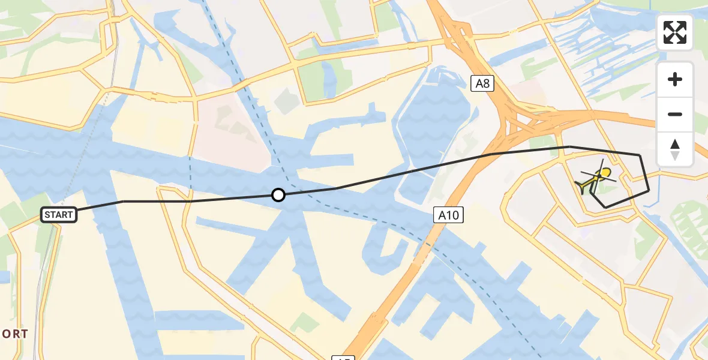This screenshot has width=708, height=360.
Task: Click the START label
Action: click(59, 215)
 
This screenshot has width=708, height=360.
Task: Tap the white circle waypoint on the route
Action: click(278, 195)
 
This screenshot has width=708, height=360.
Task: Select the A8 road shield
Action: click(482, 83)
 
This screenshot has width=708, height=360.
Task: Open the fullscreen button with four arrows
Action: click(675, 32)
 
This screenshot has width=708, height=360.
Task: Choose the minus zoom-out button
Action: click(675, 114)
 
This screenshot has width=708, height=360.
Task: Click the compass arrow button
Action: click(675, 149)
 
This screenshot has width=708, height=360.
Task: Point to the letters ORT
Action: click(14, 334)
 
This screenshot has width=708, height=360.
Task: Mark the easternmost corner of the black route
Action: click(649, 191)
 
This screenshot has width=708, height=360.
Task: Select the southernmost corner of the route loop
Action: click(605, 208)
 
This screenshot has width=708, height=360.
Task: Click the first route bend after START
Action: click(123, 201)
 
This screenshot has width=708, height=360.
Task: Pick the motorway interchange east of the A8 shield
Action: click(528, 120)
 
